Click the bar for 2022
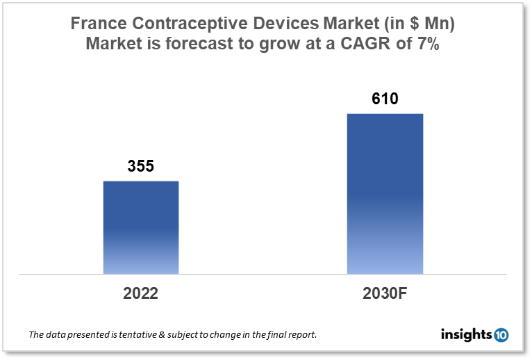click(141, 227)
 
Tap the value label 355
click(140, 167)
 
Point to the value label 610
click(385, 99)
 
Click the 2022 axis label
click(141, 293)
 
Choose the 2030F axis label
click(384, 293)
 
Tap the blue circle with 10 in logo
click(501, 335)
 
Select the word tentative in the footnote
click(130, 335)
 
